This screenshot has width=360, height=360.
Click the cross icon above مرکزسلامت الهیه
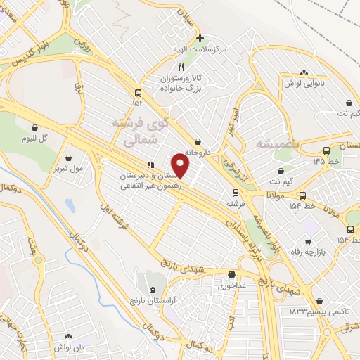point(200,38)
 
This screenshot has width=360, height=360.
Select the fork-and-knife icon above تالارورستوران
point(181,67)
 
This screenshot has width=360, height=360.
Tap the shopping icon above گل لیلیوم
point(34,127)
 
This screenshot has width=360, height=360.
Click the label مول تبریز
point(69,169)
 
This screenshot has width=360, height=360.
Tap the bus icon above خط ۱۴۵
point(326,150)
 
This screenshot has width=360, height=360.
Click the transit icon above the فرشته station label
point(235,191)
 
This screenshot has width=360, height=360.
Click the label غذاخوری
point(232,285)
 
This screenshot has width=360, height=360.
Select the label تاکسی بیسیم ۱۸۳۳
point(312,311)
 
